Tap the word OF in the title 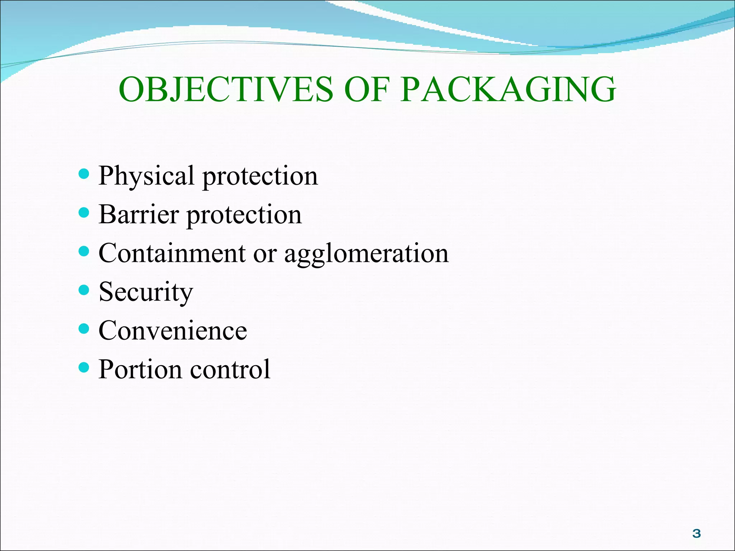(367, 89)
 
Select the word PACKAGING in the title (508, 89)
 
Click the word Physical (146, 176)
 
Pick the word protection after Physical (260, 176)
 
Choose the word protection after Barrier (244, 215)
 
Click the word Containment (172, 253)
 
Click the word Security (146, 292)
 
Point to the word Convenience (173, 331)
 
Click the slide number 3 (696, 534)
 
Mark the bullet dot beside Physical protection (84, 175)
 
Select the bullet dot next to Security (84, 290)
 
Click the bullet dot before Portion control (84, 367)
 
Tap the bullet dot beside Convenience (84, 329)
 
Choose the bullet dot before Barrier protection (84, 213)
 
